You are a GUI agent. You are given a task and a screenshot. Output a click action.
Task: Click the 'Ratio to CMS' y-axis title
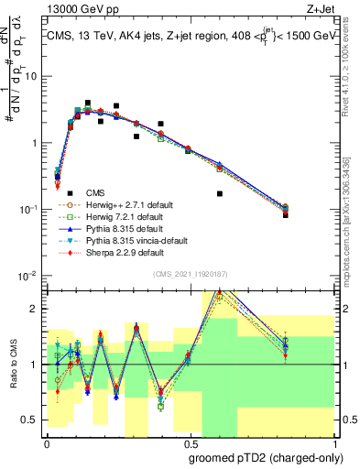pos(14,364)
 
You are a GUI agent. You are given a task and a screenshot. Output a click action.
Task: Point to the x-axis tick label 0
pos(47,441)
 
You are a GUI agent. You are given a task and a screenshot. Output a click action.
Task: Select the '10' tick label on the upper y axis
pos(34,77)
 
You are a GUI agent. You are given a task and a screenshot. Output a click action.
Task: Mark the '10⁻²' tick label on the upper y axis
pos(31,276)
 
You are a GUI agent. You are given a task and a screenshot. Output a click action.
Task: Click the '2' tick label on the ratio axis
pos(38,309)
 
